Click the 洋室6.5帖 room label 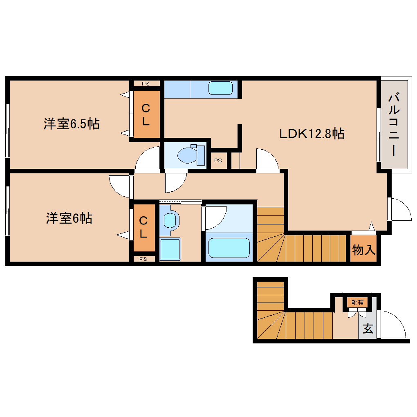point(72,123)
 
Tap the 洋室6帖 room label point(69,218)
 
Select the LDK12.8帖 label point(312,133)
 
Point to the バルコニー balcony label point(394,124)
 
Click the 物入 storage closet point(363,249)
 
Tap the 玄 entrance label point(368,328)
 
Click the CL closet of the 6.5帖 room point(145,115)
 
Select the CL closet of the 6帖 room point(143,227)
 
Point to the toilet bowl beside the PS point(188,155)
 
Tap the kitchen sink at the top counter point(220,88)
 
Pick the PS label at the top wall point(146,83)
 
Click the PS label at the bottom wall point(143,258)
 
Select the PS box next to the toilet point(218,161)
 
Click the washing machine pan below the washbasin point(170,249)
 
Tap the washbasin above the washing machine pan point(169,220)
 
